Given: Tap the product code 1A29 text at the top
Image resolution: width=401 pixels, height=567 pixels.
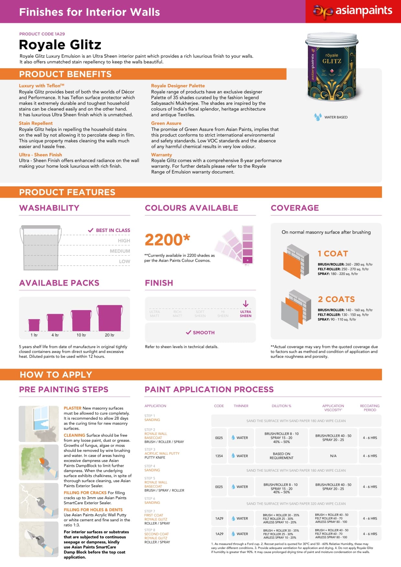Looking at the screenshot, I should coord(42,34).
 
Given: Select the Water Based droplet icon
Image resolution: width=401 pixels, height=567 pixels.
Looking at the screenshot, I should coord(318,117).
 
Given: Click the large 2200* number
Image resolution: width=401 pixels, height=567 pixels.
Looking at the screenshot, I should coord(167,240).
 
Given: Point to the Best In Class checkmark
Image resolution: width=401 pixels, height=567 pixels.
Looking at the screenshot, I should coord(91,230).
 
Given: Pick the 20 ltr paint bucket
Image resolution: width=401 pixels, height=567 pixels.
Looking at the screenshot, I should coord(110,318).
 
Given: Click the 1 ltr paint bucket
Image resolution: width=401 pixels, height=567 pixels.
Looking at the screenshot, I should coord(34,325).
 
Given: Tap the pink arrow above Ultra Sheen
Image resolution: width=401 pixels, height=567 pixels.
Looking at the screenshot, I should coord(245,304).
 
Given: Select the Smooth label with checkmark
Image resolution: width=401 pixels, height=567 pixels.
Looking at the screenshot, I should coord(200,332).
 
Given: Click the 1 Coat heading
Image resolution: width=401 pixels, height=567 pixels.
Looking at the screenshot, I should coord(333,254).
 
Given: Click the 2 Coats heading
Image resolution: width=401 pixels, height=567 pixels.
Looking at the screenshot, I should coord(336,299).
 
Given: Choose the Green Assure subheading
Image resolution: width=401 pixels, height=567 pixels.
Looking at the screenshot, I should coord(166,123).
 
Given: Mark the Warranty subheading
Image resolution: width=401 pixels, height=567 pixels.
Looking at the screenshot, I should coord(161,155).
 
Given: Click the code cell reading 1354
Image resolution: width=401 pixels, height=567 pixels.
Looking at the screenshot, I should coord(219,456).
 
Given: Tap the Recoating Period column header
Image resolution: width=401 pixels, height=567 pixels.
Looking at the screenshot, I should coord(370,408).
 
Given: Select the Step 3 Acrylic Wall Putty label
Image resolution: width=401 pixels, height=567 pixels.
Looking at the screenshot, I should coord(162,453).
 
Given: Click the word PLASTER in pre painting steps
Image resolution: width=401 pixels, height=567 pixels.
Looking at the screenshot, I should coord(72,408).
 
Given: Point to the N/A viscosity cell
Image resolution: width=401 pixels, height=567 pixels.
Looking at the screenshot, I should coord(333,456).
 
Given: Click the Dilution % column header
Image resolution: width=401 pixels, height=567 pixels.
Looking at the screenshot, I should coord(281,406).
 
